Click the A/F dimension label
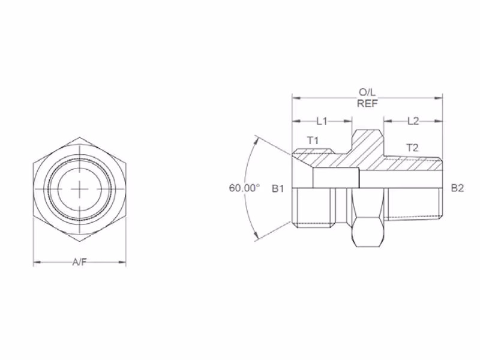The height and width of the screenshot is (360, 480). pos(80,262)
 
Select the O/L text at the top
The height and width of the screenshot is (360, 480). pos(367,92)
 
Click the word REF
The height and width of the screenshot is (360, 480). pos(367,103)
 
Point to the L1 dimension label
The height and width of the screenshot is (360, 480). pos(322,121)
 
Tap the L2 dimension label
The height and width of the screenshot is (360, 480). pos(413,121)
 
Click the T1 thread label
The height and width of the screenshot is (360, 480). pos(313,140)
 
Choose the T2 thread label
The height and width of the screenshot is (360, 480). pos(412,148)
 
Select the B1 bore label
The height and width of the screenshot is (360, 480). pos(278,188)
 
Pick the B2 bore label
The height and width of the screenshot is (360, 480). pos(457,188)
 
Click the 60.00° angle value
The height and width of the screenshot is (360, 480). pos(244,188)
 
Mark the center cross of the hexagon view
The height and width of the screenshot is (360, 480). pos(80,189)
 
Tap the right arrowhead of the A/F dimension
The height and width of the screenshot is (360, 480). pos(122,262)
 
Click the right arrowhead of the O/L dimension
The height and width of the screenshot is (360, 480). pos(439,98)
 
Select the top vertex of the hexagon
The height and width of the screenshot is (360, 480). pos(80,137)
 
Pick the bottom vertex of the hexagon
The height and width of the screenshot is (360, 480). pos(80,242)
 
